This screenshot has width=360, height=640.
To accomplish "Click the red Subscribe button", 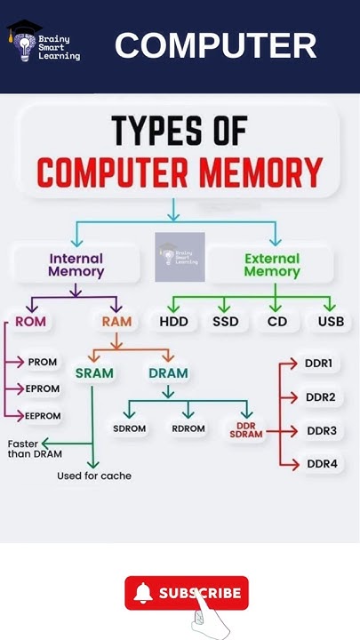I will click(187, 593).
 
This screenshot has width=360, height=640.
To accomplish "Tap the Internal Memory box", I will click(76, 265).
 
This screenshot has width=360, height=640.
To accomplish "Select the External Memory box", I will click(271, 265).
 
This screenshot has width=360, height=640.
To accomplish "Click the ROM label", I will click(30, 321).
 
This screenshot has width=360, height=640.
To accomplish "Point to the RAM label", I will click(116, 321).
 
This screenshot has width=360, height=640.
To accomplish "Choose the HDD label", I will click(173, 321).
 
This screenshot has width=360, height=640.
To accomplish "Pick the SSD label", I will click(225, 321).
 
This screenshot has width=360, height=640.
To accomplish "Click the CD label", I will click(277, 321).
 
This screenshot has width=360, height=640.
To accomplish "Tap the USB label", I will click(331, 321).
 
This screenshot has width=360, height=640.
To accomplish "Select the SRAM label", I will click(94, 372).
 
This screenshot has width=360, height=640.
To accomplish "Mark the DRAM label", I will click(168, 372).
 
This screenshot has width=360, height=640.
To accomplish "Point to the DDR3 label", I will click(321, 431).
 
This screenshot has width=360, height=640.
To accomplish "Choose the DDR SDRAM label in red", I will click(246, 429).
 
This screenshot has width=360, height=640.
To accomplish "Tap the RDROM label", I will click(188, 428).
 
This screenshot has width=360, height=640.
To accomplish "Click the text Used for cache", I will click(93, 476).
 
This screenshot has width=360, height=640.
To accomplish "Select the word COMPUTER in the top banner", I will click(215, 45).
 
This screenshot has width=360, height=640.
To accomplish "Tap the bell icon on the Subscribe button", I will click(143, 593).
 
